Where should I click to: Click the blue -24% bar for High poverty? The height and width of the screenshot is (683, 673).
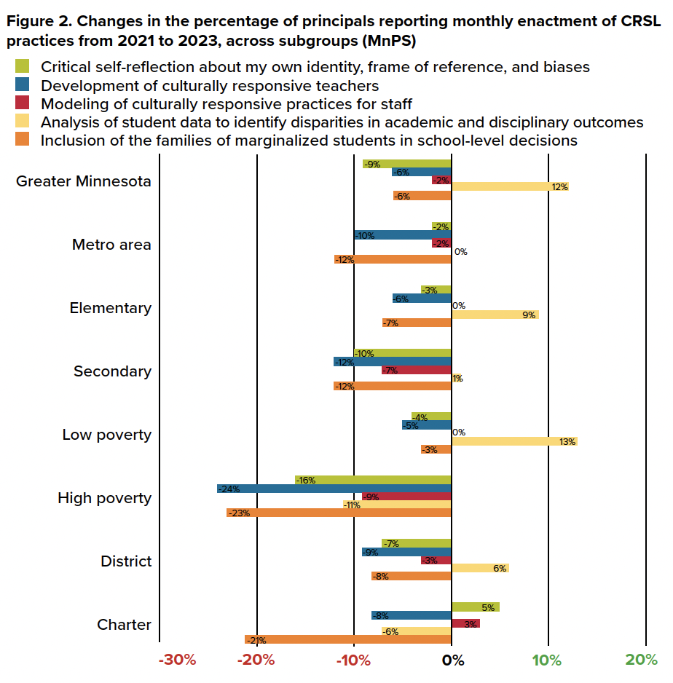click(334, 489)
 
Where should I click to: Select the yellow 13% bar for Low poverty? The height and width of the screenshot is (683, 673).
click(514, 441)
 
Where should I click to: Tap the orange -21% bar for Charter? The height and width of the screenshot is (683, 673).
click(348, 639)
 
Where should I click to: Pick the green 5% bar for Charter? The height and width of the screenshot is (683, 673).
click(475, 607)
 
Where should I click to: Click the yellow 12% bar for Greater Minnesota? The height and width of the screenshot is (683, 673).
click(510, 187)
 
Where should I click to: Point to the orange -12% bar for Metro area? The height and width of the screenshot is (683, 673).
click(393, 259)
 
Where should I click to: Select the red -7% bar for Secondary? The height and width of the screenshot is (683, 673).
click(416, 370)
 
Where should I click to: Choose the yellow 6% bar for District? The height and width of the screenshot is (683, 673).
click(480, 568)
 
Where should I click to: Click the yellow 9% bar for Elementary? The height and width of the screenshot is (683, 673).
click(495, 315)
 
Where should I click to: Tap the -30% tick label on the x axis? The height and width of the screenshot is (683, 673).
click(178, 660)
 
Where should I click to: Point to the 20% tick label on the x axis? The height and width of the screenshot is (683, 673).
click(641, 660)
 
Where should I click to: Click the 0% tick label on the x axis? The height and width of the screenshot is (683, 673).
click(452, 660)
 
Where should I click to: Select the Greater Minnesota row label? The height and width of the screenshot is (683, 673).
click(84, 181)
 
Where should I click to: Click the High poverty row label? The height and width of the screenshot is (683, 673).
click(105, 498)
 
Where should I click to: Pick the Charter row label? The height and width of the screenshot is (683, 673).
click(124, 625)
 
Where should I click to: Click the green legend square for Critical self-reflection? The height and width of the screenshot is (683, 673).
click(23, 67)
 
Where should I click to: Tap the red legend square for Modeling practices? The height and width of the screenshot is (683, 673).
click(23, 104)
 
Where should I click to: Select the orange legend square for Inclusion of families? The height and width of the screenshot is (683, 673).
click(23, 141)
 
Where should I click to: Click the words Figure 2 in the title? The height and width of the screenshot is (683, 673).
click(37, 23)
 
